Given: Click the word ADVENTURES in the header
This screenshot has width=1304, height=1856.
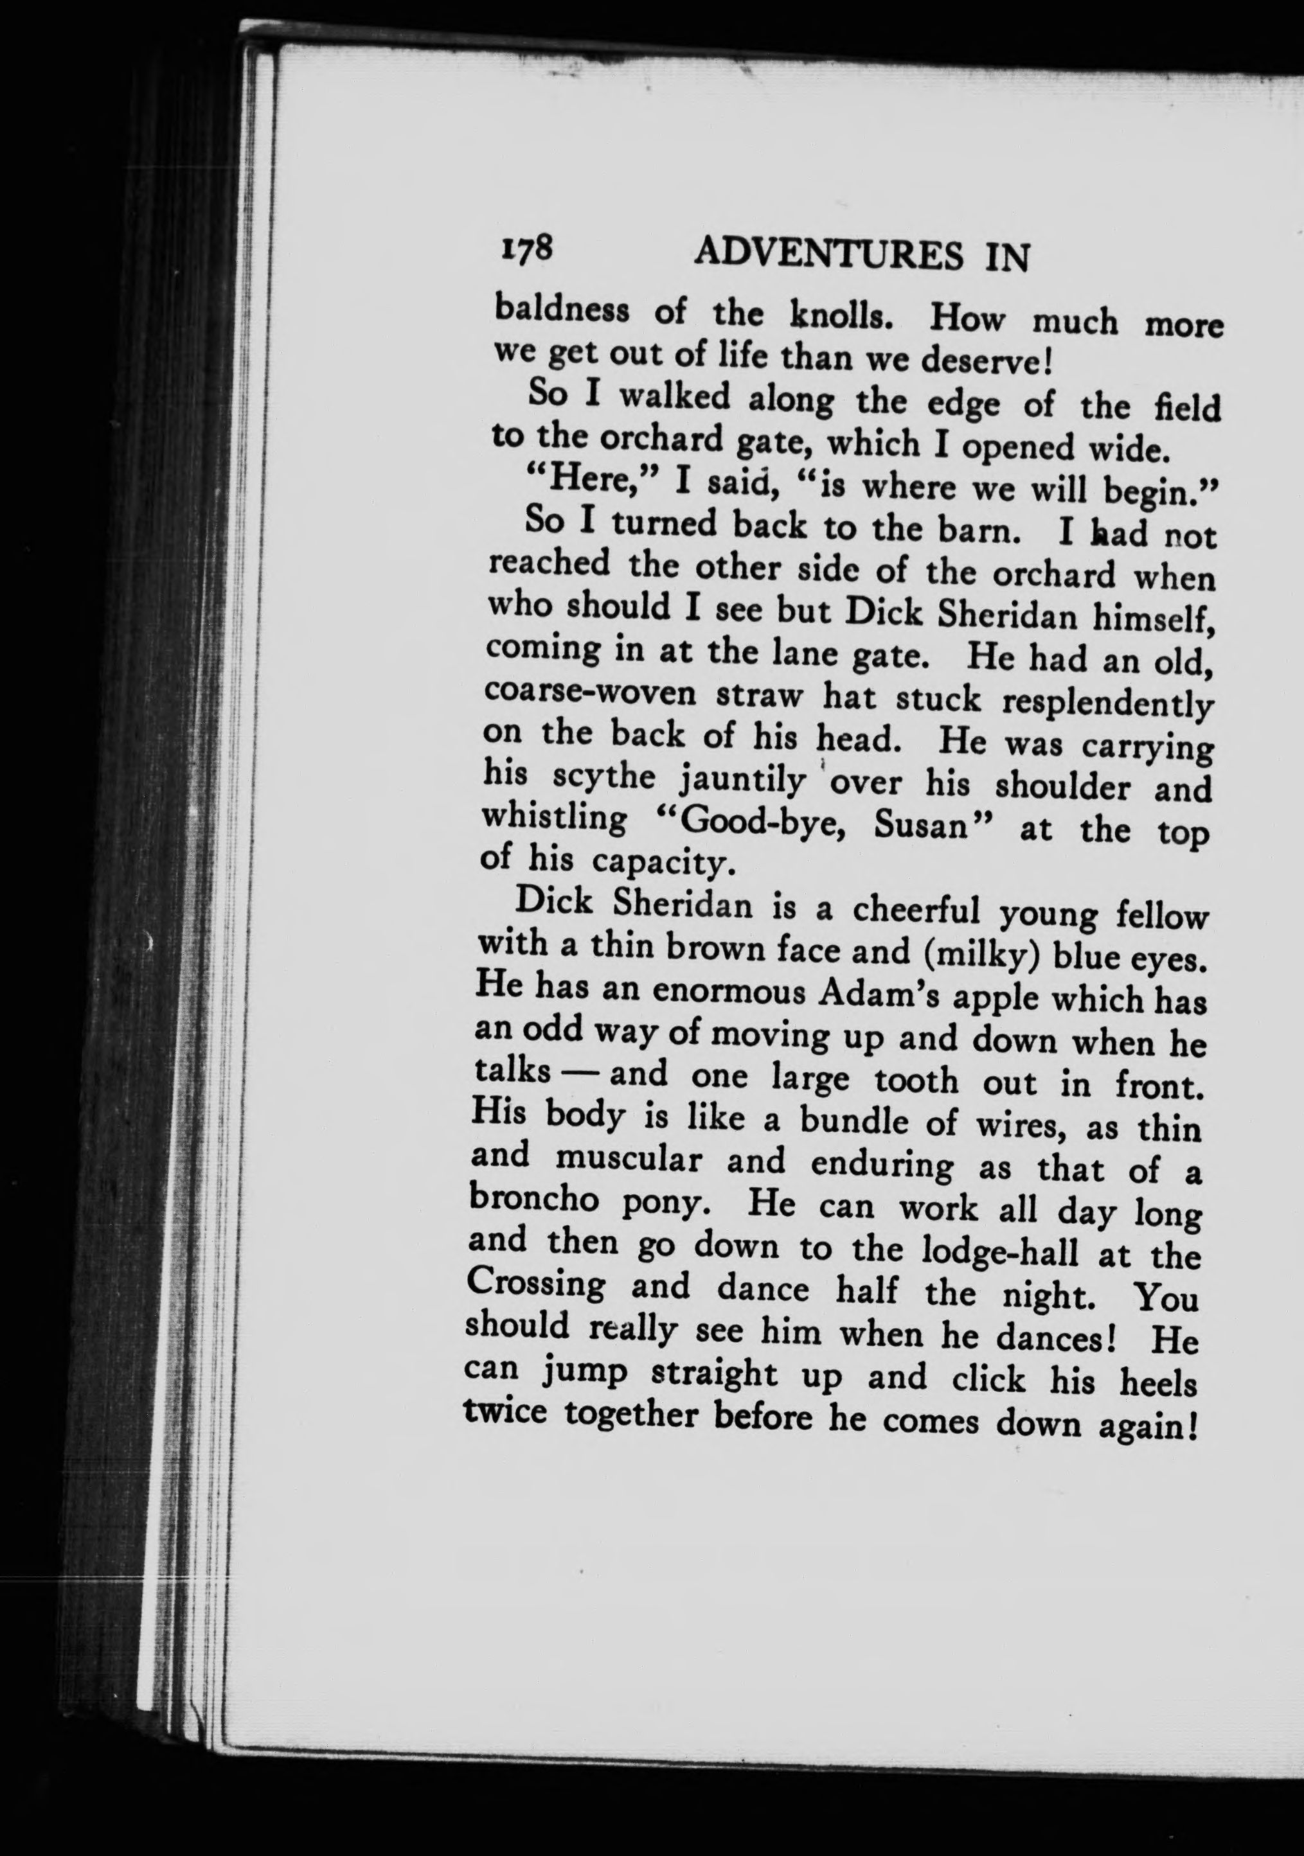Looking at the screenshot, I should pyautogui.click(x=828, y=256).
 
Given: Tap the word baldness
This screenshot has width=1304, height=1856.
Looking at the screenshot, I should pyautogui.click(x=561, y=310).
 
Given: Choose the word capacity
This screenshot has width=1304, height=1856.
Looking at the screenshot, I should pyautogui.click(x=662, y=864).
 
